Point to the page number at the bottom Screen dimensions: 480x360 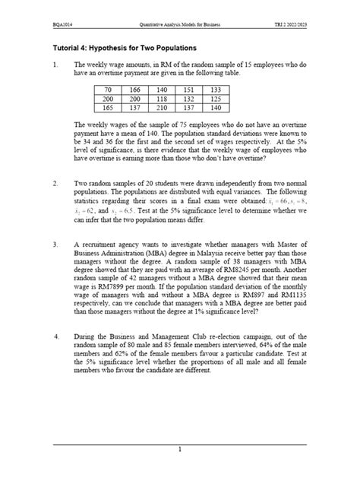coord(180,450)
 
